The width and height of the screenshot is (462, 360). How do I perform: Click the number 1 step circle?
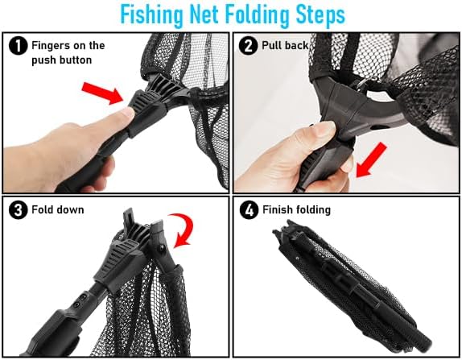(x=18, y=46)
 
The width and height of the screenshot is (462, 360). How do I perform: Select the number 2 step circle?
(x=248, y=46)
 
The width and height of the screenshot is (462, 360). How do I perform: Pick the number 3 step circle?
(x=18, y=210)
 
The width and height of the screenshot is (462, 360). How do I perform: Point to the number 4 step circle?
(x=249, y=210)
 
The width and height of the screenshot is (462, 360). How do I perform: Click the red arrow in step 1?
(x=102, y=93)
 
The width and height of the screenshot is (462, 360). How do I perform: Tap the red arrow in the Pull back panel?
(x=371, y=160)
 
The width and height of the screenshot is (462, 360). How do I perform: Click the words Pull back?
(x=285, y=46)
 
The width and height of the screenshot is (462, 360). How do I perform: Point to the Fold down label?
(x=58, y=209)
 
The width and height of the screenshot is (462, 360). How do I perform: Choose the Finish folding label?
(x=296, y=210)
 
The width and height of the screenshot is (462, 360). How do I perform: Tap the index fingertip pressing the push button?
(x=128, y=114)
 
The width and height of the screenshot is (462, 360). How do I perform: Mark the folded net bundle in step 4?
(x=351, y=283)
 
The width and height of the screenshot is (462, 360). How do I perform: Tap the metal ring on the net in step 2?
(x=363, y=82)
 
